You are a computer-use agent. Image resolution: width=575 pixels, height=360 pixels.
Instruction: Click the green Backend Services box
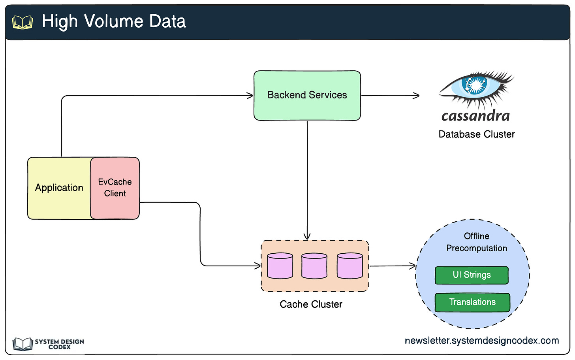coord(307,96)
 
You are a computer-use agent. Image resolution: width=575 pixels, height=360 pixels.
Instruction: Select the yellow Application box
coord(59,188)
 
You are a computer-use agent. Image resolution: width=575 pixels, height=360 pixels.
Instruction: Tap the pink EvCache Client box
coord(115,188)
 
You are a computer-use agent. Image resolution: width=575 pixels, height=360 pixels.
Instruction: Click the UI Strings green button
coord(472,275)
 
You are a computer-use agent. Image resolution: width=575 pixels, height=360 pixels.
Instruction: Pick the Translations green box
coord(472,302)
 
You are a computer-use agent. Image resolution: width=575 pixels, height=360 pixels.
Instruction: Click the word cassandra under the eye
coord(475,116)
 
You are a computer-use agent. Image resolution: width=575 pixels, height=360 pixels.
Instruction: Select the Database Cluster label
coord(477,134)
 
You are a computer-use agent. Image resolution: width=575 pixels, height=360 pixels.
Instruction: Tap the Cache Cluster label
coord(311,304)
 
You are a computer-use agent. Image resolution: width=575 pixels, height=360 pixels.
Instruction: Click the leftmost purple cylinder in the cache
coord(280,266)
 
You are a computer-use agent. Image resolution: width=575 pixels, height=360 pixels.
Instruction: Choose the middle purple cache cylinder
coord(314,266)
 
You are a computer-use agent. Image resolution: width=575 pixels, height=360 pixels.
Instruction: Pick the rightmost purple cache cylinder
coord(350,266)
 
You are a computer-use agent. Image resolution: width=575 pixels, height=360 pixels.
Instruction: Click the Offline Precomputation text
coord(476,242)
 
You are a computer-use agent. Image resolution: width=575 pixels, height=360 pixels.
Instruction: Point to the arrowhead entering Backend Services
coord(250,96)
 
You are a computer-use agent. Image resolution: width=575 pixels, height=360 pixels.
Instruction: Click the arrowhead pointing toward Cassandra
coord(416,96)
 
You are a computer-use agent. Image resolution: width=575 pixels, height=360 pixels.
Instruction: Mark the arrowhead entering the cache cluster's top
coord(307,236)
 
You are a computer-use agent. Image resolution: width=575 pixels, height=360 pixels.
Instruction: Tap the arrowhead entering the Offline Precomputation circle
coord(413,266)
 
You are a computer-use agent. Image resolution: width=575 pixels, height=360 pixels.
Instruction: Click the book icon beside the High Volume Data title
coord(23,22)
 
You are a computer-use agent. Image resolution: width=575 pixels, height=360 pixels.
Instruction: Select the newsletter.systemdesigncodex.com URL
coord(482,341)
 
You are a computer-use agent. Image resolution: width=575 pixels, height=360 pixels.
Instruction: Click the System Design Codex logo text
coord(60,344)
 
